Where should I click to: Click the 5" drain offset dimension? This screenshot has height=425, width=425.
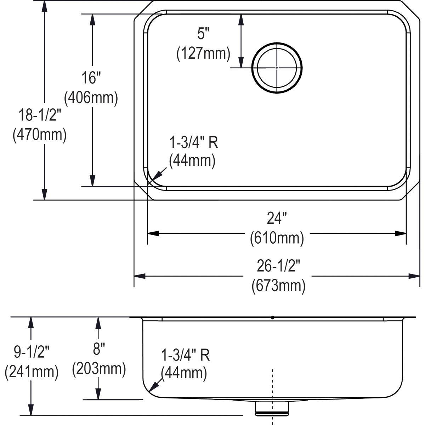pyautogui.click(x=203, y=34)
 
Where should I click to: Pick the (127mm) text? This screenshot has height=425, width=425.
pyautogui.click(x=203, y=53)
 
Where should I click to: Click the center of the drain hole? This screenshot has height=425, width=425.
pyautogui.click(x=277, y=68)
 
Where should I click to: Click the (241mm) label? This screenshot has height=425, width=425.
pyautogui.click(x=32, y=372)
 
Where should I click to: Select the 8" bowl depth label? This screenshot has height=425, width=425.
pyautogui.click(x=99, y=350)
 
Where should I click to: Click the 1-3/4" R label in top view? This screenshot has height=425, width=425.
pyautogui.click(x=193, y=142)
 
